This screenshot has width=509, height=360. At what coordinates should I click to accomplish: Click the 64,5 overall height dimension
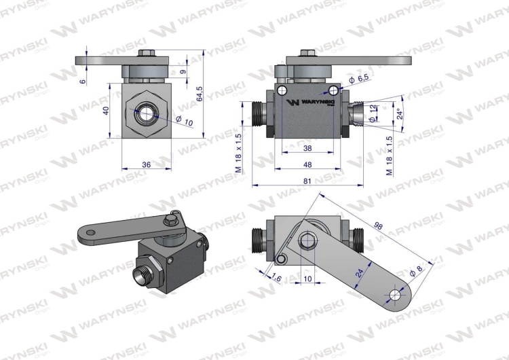pos(200,94)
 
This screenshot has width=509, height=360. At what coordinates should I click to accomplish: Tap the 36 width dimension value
pos(147,165)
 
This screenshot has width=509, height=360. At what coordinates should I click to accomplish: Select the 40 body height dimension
pos(105,111)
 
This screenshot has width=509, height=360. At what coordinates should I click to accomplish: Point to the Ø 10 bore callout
pos(185,121)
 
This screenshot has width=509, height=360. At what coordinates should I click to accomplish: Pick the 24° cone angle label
pos(400,113)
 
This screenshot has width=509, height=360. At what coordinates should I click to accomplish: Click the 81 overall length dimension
pos(307,181)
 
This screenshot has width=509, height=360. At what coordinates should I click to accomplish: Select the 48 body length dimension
pos(307,165)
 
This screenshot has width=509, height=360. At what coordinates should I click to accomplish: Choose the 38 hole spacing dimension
pos(307,148)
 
